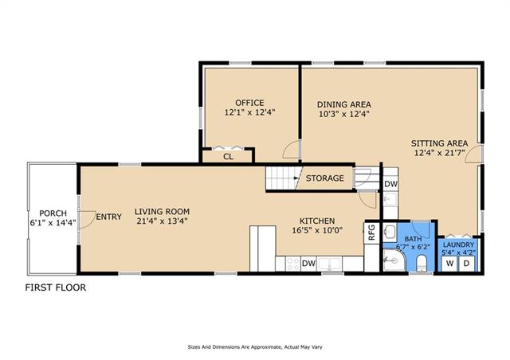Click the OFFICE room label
(x=249, y=103)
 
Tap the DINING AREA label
(x=344, y=104)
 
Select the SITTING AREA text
(x=439, y=143)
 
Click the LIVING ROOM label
(x=162, y=212)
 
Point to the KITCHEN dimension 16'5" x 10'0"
(x=317, y=230)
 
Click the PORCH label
(x=53, y=213)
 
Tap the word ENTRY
(x=109, y=217)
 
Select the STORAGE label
(x=324, y=178)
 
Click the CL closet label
(x=229, y=157)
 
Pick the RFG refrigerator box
(x=372, y=233)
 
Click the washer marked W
(x=449, y=264)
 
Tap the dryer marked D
(x=467, y=264)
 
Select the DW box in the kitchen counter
(x=308, y=264)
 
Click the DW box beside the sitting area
(x=390, y=184)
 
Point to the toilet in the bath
(x=422, y=263)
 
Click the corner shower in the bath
(x=394, y=260)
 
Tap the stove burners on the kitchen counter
(x=292, y=264)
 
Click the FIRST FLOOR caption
(x=56, y=288)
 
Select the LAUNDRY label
(x=459, y=245)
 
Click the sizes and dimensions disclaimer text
(x=255, y=347)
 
